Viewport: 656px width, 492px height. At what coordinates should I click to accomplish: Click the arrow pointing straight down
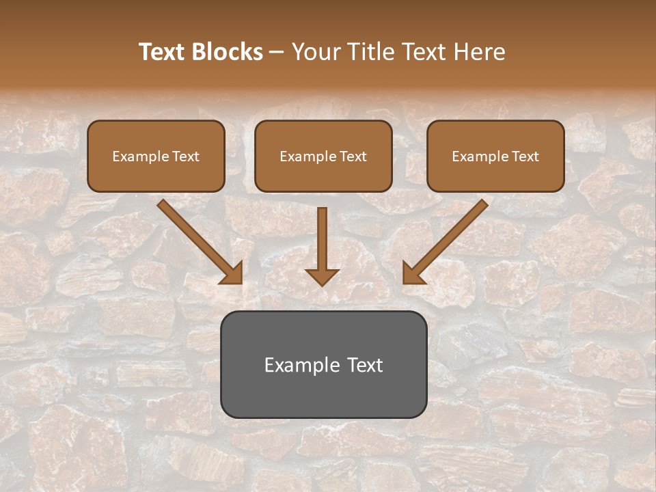[323, 239]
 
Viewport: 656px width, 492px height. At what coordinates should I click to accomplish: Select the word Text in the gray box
[364, 365]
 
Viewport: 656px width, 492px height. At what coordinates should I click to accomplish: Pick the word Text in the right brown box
[525, 156]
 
